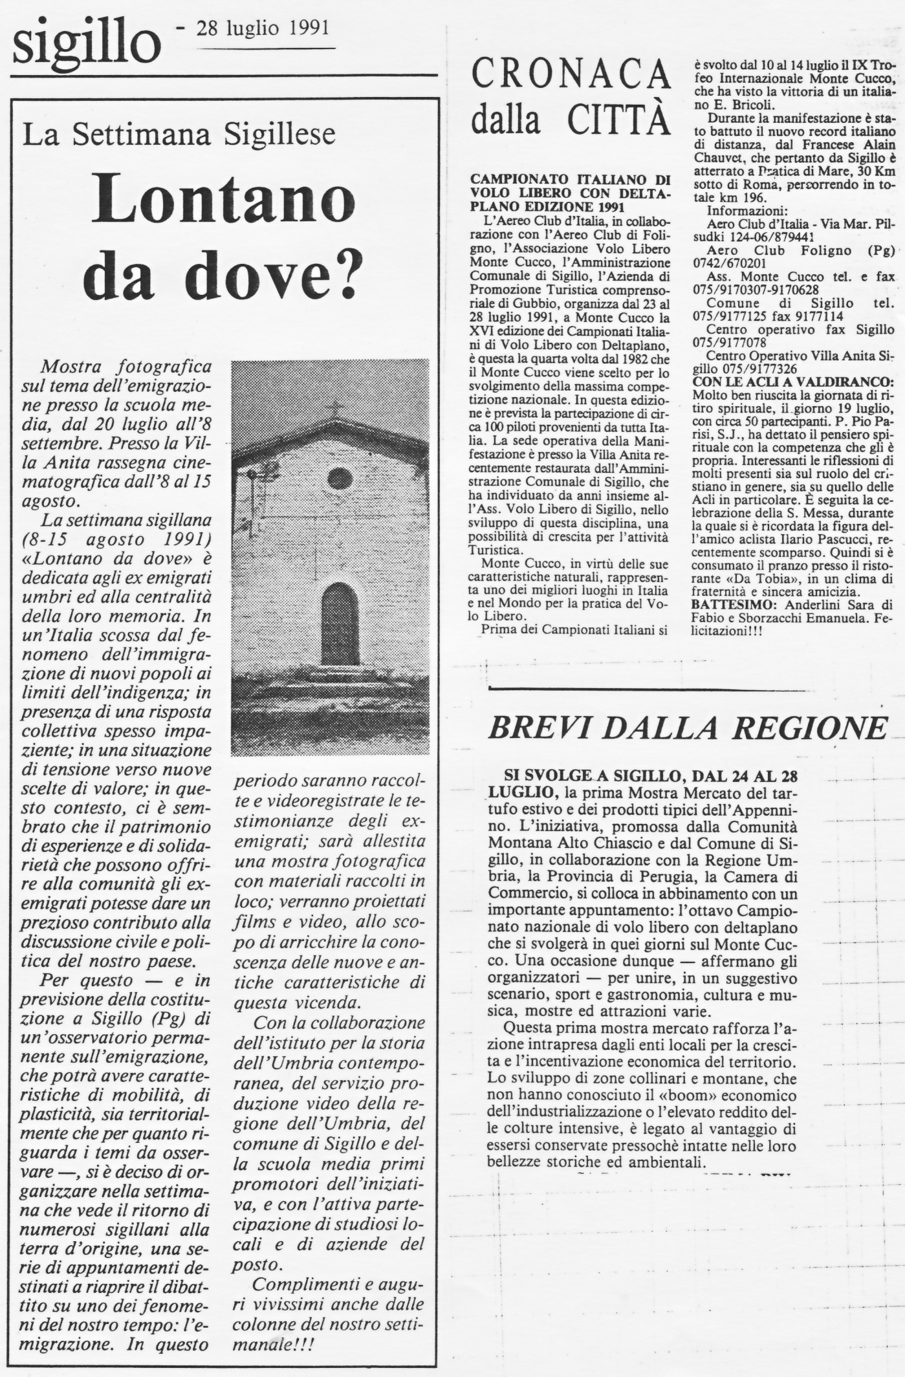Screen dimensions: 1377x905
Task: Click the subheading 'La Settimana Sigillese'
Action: click(x=179, y=134)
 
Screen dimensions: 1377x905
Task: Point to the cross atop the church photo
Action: click(x=334, y=409)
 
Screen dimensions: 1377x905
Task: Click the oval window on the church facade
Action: click(x=340, y=479)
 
